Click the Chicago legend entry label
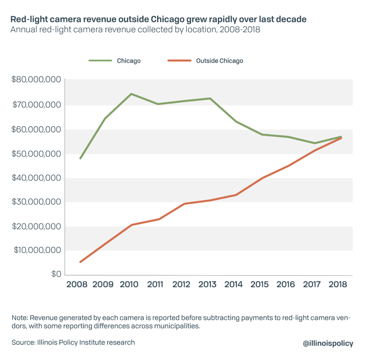129,61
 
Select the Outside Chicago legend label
219,61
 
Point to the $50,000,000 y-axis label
35,154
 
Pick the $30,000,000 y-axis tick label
35,202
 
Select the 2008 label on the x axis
77,285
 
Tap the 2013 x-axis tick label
207,285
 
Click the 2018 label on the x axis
337,285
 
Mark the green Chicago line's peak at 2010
132,94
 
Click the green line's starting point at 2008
80,158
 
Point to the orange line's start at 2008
80,262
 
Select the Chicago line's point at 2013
210,98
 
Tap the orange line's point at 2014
236,195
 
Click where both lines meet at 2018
340,137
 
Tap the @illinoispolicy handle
328,343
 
